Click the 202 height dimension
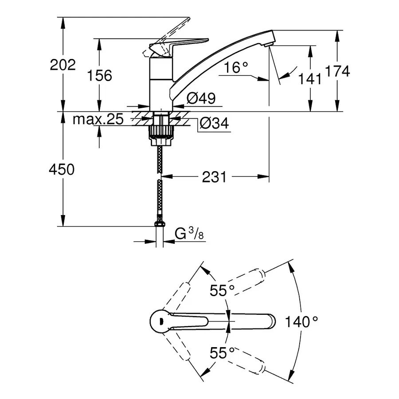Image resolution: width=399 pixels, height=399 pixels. (63, 65)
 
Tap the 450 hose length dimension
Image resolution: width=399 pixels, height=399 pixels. (63, 169)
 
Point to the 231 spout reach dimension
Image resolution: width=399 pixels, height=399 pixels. (214, 177)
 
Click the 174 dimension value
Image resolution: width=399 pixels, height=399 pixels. (337, 71)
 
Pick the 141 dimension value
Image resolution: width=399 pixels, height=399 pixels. (310, 78)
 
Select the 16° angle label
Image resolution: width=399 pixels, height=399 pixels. (236, 68)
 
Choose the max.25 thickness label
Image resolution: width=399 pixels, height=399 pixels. (98, 120)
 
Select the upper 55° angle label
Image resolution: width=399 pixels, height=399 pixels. (222, 290)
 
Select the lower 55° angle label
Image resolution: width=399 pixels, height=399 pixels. (222, 353)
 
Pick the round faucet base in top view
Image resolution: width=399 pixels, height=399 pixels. (160, 320)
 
